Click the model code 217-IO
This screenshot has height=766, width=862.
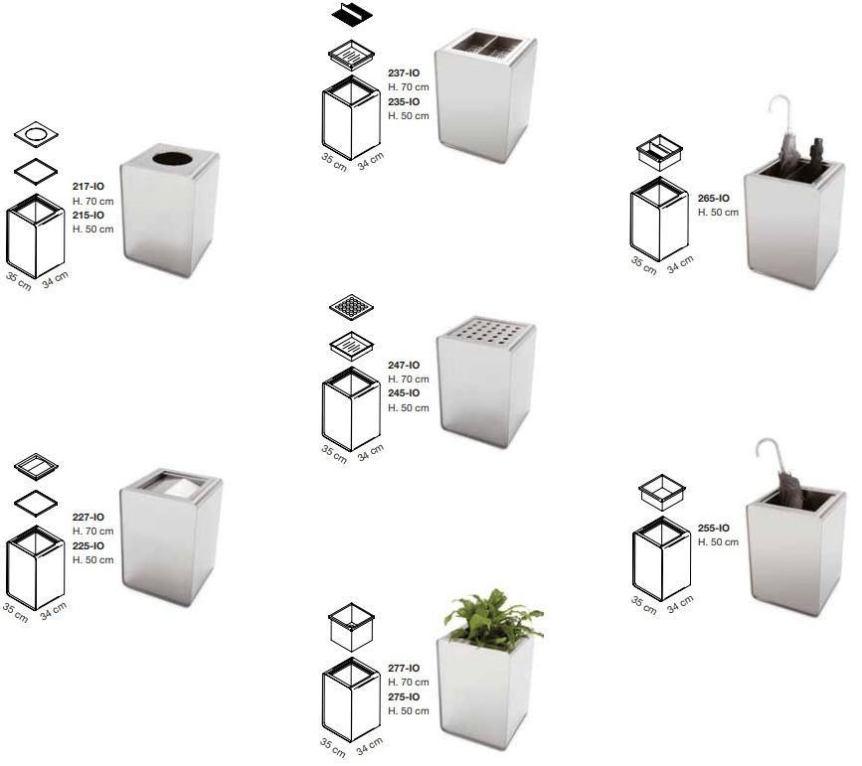tap(87, 186)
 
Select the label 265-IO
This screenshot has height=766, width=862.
tap(714, 198)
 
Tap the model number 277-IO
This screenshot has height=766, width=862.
tap(404, 668)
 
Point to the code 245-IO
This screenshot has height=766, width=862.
tap(404, 392)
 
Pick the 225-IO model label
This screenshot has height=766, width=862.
tap(87, 545)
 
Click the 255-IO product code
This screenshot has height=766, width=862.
tap(714, 528)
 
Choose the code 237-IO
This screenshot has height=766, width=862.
tap(404, 73)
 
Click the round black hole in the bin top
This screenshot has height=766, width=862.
tap(173, 158)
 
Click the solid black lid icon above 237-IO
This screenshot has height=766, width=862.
tap(352, 13)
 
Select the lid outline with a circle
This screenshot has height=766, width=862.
tap(36, 134)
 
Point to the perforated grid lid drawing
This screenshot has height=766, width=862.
tap(351, 307)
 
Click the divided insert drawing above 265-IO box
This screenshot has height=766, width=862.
tap(659, 152)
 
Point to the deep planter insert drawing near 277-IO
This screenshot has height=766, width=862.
tap(351, 627)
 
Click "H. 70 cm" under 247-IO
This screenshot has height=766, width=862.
tap(409, 379)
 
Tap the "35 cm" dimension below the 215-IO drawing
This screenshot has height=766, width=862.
tap(19, 281)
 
